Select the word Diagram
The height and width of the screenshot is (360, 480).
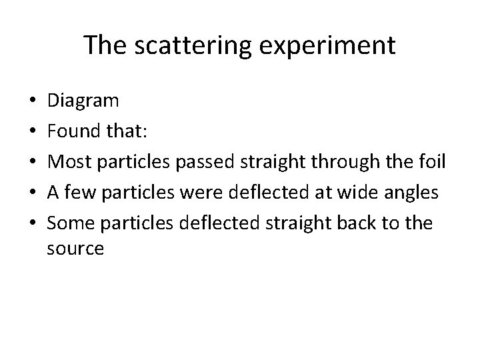(x=84, y=102)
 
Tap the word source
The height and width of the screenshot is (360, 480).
(x=75, y=250)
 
